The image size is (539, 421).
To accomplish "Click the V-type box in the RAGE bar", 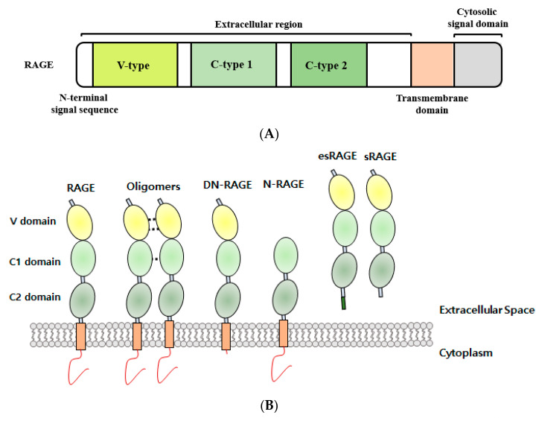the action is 135,65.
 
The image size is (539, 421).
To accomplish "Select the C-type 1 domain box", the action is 234,65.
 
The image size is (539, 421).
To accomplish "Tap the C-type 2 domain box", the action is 328,65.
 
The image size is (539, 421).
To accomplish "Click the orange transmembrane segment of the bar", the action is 433,65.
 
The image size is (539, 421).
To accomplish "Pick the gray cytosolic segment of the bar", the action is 478,65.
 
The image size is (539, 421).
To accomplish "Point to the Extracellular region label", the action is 258,25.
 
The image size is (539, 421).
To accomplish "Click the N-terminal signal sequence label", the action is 84,104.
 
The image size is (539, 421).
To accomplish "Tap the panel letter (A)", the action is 269,133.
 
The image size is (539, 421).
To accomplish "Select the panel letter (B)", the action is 269,405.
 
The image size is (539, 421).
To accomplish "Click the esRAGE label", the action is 337,156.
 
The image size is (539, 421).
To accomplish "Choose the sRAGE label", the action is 380,156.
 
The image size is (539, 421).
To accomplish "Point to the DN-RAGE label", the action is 227,185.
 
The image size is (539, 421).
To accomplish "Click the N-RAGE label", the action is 283,184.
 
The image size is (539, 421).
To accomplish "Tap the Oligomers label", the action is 153,187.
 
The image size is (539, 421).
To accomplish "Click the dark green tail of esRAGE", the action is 343,303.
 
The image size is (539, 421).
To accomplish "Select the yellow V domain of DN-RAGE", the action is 225,224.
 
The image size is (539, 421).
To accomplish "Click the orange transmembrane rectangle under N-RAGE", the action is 283,333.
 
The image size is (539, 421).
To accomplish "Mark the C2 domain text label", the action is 35,297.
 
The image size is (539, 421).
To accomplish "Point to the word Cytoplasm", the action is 466,353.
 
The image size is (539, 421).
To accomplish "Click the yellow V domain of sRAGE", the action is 379,192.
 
